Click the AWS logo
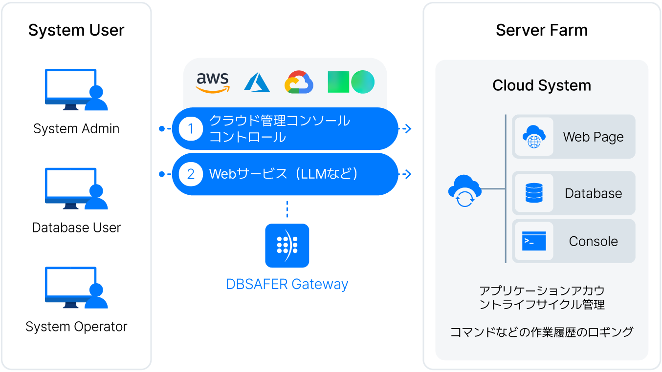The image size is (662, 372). click(x=212, y=83)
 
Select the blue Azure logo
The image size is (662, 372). click(x=257, y=83)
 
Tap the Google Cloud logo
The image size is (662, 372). click(x=299, y=83)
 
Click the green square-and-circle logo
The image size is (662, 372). click(x=351, y=82)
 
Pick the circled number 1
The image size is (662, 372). click(x=191, y=129)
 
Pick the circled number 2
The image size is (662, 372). click(x=191, y=174)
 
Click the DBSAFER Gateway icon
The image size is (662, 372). click(x=287, y=246)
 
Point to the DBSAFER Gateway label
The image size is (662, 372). click(x=287, y=284)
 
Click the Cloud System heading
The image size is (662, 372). click(x=542, y=85)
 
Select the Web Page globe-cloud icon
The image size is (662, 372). click(x=534, y=137)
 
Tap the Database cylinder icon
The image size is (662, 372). click(x=534, y=193)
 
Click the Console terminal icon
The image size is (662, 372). click(x=534, y=241)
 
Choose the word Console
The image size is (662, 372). click(x=593, y=241)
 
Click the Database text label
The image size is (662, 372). click(x=593, y=193)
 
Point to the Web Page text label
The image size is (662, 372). click(x=593, y=137)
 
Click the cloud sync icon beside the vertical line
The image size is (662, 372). click(x=464, y=190)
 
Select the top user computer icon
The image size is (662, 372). click(x=76, y=90)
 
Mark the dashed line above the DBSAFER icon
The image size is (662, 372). click(x=287, y=209)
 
